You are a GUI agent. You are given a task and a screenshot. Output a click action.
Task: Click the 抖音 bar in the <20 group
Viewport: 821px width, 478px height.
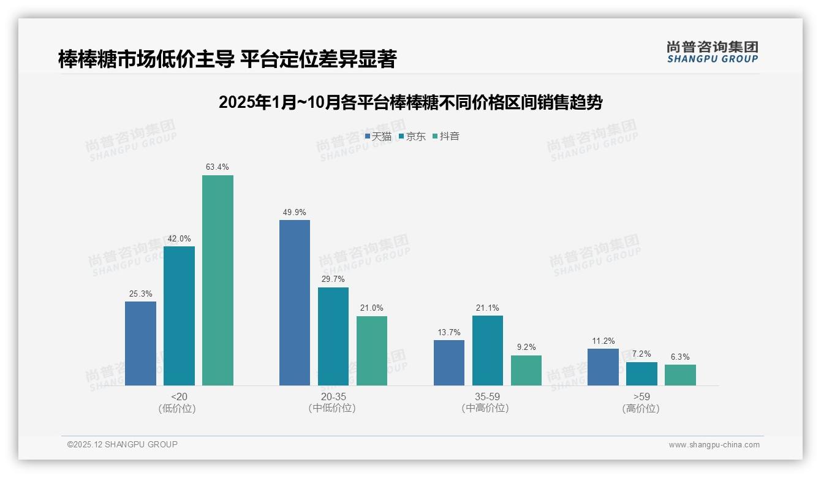218,280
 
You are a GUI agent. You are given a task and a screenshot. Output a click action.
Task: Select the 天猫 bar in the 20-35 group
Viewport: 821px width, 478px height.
295,303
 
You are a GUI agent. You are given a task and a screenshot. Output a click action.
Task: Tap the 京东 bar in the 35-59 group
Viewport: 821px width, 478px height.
488,351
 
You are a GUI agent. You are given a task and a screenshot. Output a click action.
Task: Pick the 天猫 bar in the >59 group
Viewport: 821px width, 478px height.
603,367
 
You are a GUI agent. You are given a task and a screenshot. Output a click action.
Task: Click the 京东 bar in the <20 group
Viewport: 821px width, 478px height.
179,316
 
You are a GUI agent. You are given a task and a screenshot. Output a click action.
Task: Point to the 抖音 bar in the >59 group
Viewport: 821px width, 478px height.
680,375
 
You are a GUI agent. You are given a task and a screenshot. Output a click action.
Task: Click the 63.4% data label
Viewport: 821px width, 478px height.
218,167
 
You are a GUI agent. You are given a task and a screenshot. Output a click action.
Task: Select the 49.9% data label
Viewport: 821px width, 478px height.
295,212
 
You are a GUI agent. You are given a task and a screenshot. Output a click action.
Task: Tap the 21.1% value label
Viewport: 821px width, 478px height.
488,308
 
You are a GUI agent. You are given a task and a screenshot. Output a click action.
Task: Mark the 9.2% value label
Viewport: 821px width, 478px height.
526,347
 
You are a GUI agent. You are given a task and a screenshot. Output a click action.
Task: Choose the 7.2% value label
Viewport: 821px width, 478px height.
641,354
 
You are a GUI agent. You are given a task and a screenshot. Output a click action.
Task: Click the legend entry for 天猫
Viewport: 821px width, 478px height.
378,137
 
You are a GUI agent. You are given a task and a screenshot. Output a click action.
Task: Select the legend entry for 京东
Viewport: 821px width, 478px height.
412,137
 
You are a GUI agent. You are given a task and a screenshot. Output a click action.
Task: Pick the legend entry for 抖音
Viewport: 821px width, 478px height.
446,137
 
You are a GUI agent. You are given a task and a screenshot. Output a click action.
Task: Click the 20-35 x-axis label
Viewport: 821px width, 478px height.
333,396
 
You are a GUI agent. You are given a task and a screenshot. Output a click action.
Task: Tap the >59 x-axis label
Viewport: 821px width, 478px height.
641,396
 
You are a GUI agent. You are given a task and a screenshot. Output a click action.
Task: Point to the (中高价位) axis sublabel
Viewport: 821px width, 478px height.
487,408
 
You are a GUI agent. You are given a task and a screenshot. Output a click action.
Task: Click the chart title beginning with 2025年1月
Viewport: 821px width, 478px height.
410,102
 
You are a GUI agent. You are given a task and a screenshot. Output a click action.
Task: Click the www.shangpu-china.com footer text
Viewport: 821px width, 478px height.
714,445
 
